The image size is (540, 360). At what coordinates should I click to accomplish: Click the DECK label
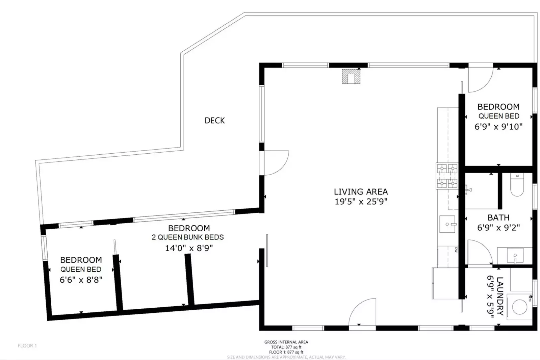pyautogui.click(x=214, y=121)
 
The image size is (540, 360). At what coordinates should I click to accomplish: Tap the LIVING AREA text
pyautogui.click(x=361, y=191)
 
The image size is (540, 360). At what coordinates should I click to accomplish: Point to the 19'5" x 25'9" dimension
pyautogui.click(x=361, y=202)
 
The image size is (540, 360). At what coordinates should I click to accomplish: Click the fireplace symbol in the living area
pyautogui.click(x=351, y=77)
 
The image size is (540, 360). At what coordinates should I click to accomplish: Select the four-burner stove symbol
pyautogui.click(x=447, y=176)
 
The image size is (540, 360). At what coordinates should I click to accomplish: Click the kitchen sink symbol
pyautogui.click(x=447, y=224)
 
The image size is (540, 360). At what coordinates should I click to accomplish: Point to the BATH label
pyautogui.click(x=498, y=218)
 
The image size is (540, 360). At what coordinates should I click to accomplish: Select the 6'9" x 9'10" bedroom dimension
pyautogui.click(x=498, y=127)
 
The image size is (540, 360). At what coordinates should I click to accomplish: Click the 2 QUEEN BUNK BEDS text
pyautogui.click(x=188, y=237)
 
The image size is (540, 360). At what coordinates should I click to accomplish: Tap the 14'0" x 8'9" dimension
pyautogui.click(x=189, y=248)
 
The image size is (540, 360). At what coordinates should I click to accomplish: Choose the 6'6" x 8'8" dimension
pyautogui.click(x=81, y=280)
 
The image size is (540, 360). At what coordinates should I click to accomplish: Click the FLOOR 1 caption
pyautogui.click(x=27, y=346)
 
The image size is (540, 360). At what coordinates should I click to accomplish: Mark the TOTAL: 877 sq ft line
pyautogui.click(x=286, y=347)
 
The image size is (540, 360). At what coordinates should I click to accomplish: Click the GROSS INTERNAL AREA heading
pyautogui.click(x=286, y=342)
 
